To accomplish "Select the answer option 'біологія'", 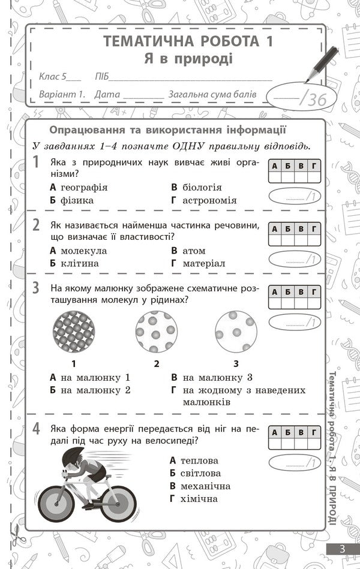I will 202,187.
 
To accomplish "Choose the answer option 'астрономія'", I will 209,200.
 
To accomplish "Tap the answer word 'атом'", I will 194,251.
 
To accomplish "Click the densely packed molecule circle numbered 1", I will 74,332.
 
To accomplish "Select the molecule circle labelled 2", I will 156,332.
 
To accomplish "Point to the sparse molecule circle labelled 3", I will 236,332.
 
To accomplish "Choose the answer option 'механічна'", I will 206,486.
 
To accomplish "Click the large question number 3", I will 36,288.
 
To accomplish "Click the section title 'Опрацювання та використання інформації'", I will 167,130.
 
